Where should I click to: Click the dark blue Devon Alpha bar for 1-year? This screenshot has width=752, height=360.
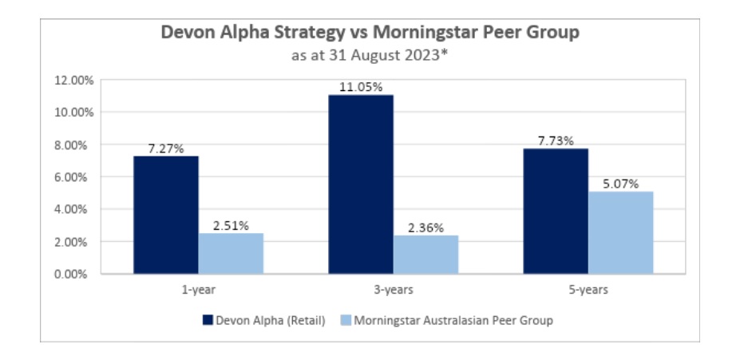click(165, 215)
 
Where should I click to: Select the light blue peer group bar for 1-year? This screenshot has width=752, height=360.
click(231, 253)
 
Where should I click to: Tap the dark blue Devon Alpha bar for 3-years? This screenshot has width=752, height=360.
click(360, 184)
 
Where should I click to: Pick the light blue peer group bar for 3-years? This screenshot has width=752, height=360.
click(425, 255)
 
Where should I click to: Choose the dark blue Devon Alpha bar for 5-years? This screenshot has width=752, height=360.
click(555, 211)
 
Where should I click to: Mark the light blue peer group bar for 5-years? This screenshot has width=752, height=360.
click(620, 232)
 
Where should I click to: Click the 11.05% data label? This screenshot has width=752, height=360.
click(360, 87)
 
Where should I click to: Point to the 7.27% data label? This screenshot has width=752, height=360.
click(166, 148)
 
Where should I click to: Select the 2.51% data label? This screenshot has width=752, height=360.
click(231, 225)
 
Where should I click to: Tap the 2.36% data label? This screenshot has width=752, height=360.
click(425, 227)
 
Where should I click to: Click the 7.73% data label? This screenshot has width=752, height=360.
click(555, 141)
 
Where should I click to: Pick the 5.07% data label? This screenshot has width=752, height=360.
click(620, 184)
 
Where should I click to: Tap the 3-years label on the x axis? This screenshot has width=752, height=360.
click(393, 290)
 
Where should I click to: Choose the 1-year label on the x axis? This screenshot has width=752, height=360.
click(198, 290)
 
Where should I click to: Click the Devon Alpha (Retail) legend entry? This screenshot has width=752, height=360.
click(263, 320)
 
